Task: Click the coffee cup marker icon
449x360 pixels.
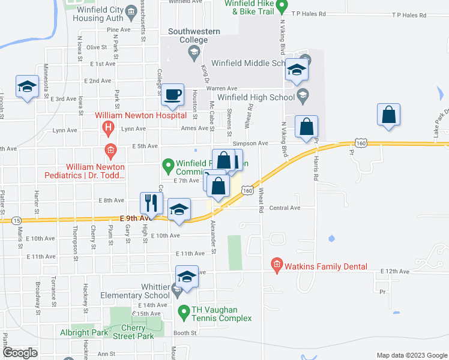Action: pyautogui.click(x=173, y=95)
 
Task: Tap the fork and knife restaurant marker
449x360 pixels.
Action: pyautogui.click(x=151, y=203)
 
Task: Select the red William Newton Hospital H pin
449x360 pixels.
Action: pyautogui.click(x=108, y=127)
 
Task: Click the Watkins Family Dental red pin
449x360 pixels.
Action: pyautogui.click(x=276, y=264)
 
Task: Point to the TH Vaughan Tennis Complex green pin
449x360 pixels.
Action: pyautogui.click(x=184, y=311)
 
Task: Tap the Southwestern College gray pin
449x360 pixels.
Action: pyautogui.click(x=194, y=54)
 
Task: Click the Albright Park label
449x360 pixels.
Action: pyautogui.click(x=83, y=332)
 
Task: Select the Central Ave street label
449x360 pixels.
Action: pyautogui.click(x=285, y=208)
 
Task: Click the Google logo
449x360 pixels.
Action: pyautogui.click(x=20, y=353)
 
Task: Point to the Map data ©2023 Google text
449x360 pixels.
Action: pyautogui.click(x=411, y=355)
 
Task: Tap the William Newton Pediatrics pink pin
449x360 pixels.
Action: pyautogui.click(x=110, y=149)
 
